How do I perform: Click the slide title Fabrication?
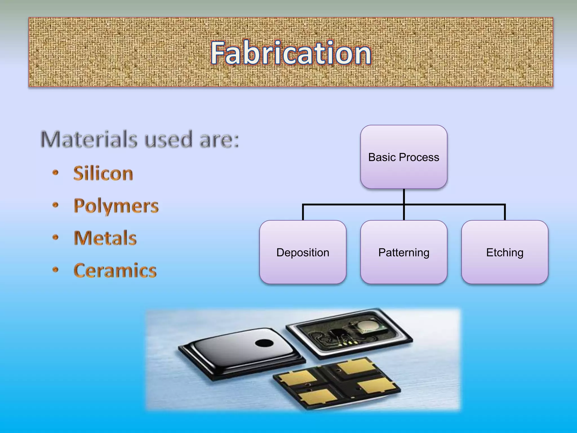click(291, 53)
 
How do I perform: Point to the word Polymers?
click(116, 206)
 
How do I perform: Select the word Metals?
click(105, 238)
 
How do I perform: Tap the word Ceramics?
click(115, 270)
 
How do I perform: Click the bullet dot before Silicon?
click(56, 173)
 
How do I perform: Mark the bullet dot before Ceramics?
click(56, 270)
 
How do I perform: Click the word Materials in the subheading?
click(89, 139)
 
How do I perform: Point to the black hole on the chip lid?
click(264, 343)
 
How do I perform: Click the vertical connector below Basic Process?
click(404, 196)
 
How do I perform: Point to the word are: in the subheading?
click(219, 140)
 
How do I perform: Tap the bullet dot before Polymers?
click(56, 205)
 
